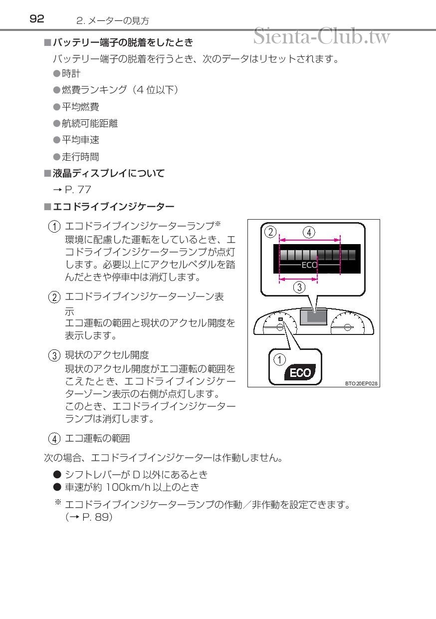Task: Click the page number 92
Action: [37, 19]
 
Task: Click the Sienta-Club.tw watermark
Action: [321, 36]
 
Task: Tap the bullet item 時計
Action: [71, 73]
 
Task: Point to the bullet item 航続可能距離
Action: [89, 123]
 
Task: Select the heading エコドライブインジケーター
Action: [113, 206]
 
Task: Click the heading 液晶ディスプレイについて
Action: [108, 173]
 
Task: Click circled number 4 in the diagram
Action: [309, 232]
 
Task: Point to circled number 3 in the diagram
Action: [299, 287]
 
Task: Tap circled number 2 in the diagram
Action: [270, 232]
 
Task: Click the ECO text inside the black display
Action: [309, 265]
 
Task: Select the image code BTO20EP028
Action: [361, 384]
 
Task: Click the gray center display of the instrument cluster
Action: [313, 317]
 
